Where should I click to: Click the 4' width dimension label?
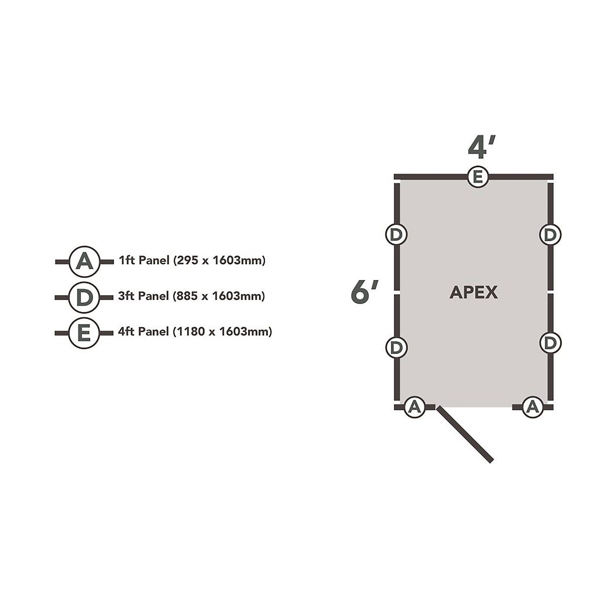(x=481, y=147)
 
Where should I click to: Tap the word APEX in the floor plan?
(x=473, y=293)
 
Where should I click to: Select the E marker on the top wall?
(x=477, y=177)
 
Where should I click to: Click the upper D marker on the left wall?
(x=396, y=234)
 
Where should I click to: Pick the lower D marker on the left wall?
(x=396, y=347)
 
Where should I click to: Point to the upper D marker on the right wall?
(x=550, y=235)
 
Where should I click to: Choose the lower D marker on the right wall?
(x=550, y=343)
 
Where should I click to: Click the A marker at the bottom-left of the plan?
(x=414, y=407)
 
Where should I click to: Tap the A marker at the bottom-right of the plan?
(x=533, y=407)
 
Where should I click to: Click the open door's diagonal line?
(x=465, y=434)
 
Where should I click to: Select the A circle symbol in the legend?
(x=84, y=262)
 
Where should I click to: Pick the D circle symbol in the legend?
(x=84, y=297)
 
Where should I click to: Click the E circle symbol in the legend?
(x=84, y=333)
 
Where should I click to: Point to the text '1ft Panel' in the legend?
(x=144, y=260)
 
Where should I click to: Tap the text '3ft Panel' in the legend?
(x=144, y=296)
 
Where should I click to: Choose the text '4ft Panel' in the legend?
(x=144, y=331)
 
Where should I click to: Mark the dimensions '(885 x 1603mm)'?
(x=219, y=296)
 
